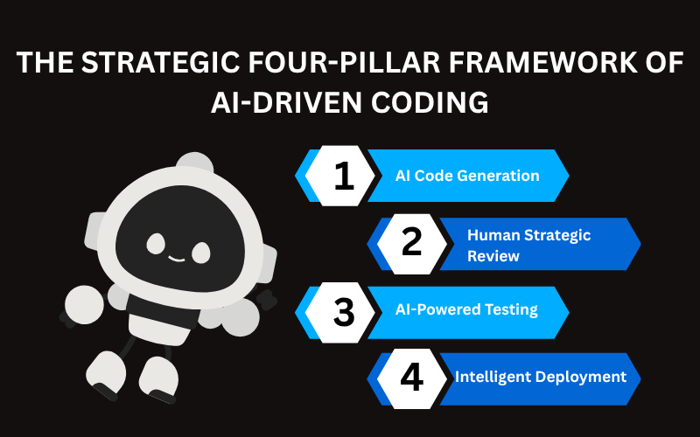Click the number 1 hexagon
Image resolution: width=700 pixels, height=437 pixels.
point(344,176)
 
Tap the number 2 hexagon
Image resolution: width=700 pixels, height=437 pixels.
point(412,243)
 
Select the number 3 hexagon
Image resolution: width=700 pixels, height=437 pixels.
point(344,310)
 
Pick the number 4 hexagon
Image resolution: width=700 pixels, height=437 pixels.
point(412,378)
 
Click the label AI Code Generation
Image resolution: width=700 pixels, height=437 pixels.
point(467,176)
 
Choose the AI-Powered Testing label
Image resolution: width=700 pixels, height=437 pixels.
point(465,309)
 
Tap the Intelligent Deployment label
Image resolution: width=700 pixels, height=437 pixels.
point(540,377)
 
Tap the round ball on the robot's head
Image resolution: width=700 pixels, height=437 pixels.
point(193,165)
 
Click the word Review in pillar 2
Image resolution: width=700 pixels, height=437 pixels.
point(493,256)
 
